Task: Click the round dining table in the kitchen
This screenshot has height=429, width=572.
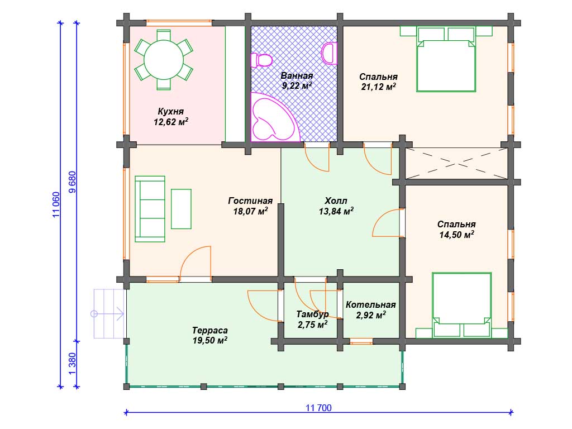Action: pyautogui.click(x=164, y=59)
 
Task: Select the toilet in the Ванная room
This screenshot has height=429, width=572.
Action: pyautogui.click(x=261, y=60)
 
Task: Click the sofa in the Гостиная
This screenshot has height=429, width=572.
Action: pyautogui.click(x=150, y=209)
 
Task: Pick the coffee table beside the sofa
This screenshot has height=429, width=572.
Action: pyautogui.click(x=182, y=209)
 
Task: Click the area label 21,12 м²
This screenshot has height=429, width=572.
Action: pyautogui.click(x=378, y=87)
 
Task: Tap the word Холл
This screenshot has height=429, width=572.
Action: pyautogui.click(x=336, y=201)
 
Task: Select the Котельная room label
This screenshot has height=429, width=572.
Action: pyautogui.click(x=371, y=304)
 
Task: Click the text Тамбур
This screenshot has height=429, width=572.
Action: pyautogui.click(x=312, y=314)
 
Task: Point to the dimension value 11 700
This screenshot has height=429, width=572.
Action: pyautogui.click(x=318, y=408)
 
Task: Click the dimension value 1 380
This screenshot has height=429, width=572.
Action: pyautogui.click(x=73, y=363)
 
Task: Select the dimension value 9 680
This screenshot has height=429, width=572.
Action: pyautogui.click(x=73, y=182)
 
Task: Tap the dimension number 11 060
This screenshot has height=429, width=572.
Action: pyautogui.click(x=56, y=204)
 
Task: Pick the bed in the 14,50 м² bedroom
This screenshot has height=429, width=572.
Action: pyautogui.click(x=461, y=305)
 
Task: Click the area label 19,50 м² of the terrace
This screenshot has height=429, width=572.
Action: pyautogui.click(x=210, y=341)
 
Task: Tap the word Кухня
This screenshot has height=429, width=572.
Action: pyautogui.click(x=171, y=111)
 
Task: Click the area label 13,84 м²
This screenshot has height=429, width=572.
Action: pyautogui.click(x=336, y=211)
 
